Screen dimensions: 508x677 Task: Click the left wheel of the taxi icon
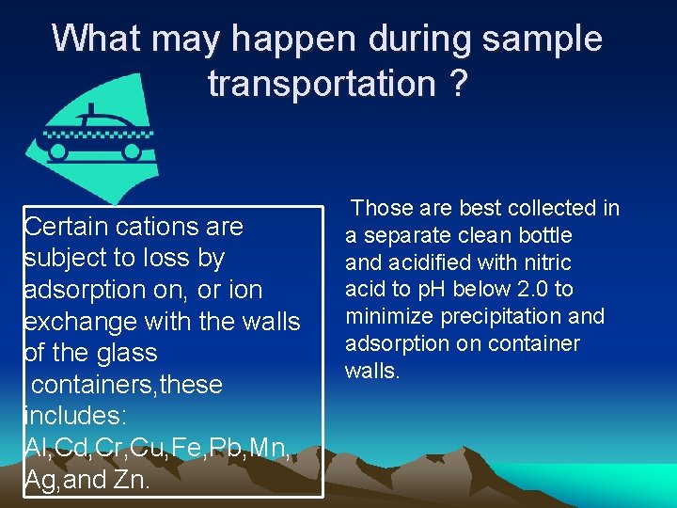tap(58, 150)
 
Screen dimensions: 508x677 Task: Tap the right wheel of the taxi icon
tap(132, 150)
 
